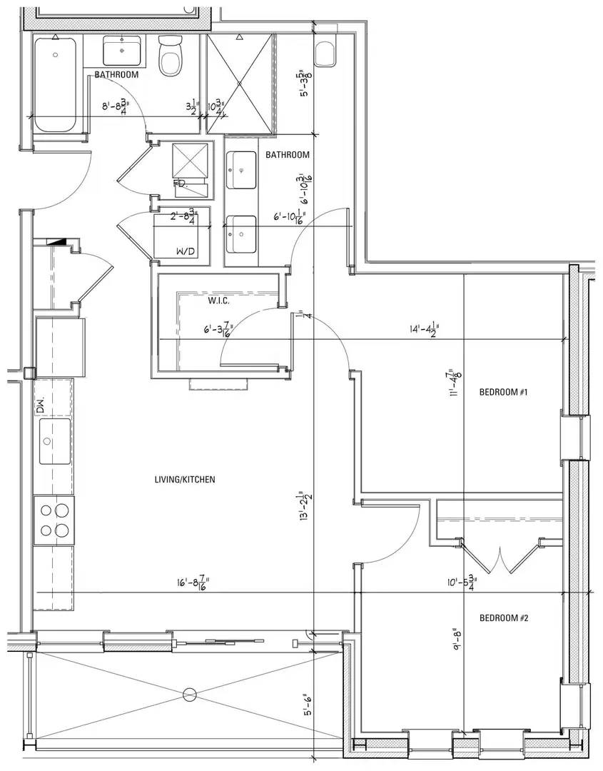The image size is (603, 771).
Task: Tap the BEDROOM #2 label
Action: coord(503,618)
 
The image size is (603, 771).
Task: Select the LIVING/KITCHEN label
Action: coord(185,480)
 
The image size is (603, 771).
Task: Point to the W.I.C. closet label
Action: coord(218,301)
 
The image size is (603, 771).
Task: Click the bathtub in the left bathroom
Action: coord(55,85)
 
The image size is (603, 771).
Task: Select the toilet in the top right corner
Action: coord(325,51)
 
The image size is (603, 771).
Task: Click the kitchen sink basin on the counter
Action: coord(55,440)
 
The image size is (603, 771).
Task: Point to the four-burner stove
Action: coord(55,520)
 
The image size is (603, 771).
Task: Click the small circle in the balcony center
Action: coord(189,693)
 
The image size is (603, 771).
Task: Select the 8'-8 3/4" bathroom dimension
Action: coord(118,108)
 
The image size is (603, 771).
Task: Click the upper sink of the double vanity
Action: coord(242,170)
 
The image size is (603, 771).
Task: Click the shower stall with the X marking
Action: coord(240,84)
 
